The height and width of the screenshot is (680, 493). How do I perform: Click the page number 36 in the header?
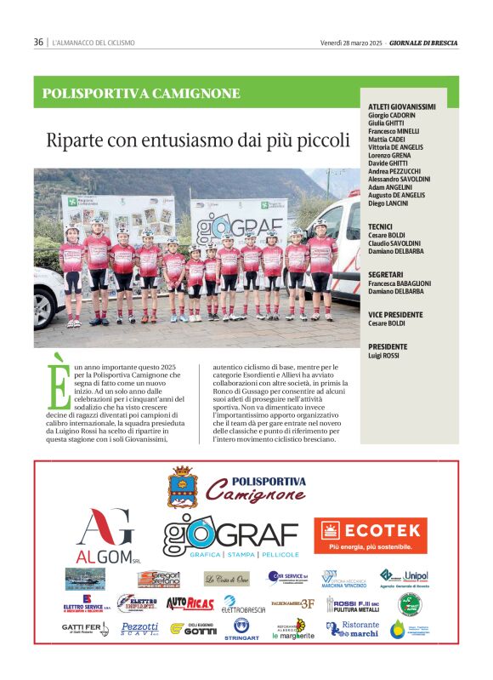click(38, 42)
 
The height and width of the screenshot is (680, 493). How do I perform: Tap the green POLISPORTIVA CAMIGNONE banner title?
click(141, 94)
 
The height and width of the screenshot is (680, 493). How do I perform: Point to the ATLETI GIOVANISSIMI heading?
click(402, 106)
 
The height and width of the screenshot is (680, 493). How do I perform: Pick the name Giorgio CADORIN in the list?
click(392, 115)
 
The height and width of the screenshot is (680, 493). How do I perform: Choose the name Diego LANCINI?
click(388, 203)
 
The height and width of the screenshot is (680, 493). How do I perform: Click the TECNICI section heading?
click(380, 226)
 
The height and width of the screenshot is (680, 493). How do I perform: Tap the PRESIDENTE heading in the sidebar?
click(387, 346)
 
